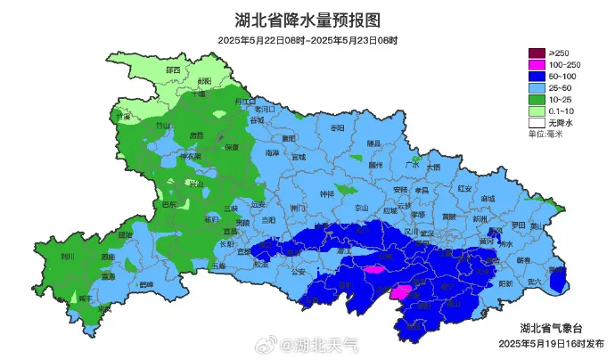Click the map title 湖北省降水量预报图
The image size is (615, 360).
point(307,20)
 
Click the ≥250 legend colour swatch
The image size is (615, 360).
point(537,53)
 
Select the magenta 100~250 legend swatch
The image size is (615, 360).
point(537,65)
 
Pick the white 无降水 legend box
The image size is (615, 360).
point(537,122)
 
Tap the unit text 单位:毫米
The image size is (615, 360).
point(545,134)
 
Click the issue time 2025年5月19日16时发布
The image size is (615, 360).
point(551,343)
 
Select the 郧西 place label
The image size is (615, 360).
point(173,70)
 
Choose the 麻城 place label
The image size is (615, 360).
point(488,199)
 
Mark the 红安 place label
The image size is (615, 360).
point(463,188)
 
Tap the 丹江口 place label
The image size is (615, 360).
point(243,102)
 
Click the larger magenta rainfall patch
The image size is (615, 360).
point(402,291)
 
